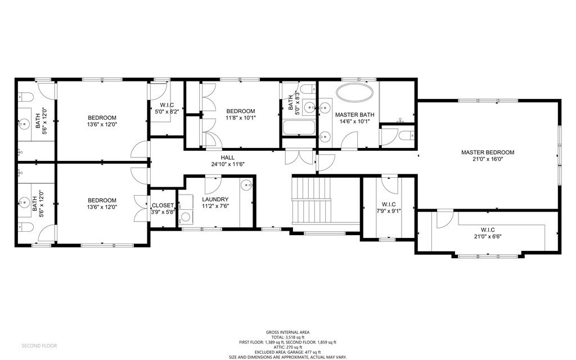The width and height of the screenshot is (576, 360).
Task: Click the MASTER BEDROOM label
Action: tap(488, 152)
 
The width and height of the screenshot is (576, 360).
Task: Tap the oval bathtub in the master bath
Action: tap(354, 93)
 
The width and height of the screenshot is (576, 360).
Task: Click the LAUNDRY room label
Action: tap(215, 199)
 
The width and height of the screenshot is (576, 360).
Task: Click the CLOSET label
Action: tap(163, 205)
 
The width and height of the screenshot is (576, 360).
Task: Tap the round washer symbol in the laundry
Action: tap(185, 216)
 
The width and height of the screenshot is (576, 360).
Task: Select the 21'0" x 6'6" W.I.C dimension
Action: tap(487, 237)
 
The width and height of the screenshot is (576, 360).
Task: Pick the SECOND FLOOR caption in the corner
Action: tap(39, 345)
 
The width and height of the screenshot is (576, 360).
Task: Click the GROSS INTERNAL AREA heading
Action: tap(287, 332)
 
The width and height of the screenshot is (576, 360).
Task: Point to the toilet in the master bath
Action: tap(406, 135)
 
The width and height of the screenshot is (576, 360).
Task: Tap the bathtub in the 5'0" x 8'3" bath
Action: tap(299, 128)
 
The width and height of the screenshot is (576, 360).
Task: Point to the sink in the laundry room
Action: tap(246, 185)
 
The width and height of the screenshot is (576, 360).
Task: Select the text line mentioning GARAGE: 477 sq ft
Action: tap(287, 352)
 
